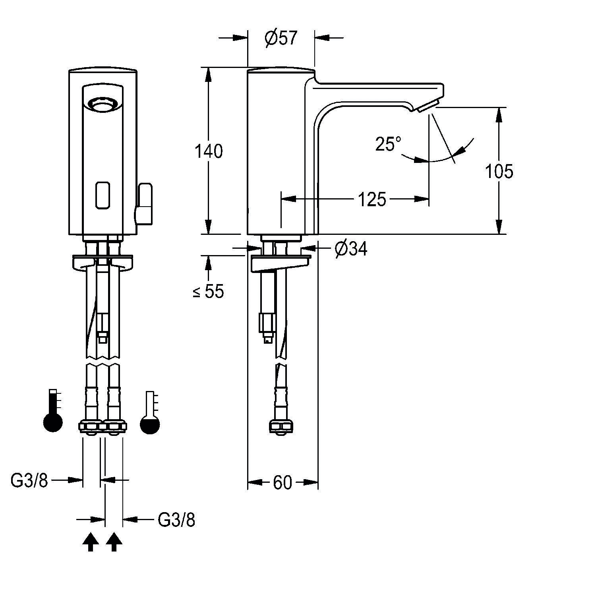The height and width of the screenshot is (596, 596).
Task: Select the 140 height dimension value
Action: point(209,151)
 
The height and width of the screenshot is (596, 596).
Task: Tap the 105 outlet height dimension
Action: point(499,171)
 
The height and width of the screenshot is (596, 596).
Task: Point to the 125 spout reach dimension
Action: point(372,199)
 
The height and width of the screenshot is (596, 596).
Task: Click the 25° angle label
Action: point(388,144)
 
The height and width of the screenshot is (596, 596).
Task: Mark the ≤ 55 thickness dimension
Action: point(208,292)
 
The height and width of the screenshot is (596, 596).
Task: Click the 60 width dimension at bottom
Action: point(282,483)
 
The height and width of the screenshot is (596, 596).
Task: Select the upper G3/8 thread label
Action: point(29,481)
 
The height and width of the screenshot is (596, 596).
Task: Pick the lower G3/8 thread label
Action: point(176,520)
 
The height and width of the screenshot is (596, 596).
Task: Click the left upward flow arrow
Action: point(91,542)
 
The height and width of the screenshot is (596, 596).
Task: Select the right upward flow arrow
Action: point(114,542)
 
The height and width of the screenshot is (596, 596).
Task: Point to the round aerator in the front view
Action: point(103,106)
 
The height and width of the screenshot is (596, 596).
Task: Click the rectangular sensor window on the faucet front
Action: point(103,195)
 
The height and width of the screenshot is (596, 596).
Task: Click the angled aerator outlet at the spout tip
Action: point(428,106)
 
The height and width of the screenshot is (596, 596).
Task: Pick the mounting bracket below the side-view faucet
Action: point(281,263)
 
